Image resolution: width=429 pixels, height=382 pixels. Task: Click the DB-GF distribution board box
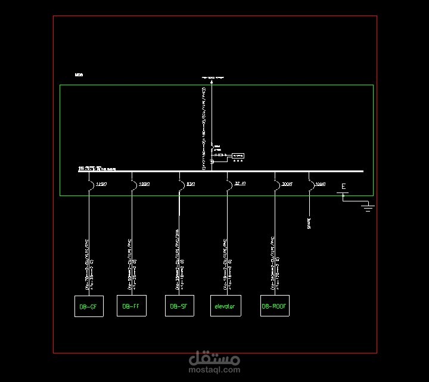coord(88,306)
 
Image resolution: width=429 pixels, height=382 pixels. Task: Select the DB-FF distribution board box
coord(131,306)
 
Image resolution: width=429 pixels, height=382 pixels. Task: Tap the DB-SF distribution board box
coord(179,306)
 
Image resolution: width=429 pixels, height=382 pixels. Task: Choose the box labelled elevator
coord(225,306)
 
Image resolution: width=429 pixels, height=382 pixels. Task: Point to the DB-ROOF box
coord(275,306)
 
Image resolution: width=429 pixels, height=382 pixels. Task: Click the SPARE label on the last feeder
coord(309,223)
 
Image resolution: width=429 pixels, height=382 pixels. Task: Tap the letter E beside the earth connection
coord(344,187)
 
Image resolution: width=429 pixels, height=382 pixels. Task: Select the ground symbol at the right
coord(368,206)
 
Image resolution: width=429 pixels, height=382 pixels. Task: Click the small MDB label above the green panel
coord(79,75)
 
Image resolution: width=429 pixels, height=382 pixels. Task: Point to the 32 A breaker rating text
coord(241,184)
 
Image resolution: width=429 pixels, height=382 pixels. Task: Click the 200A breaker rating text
coord(287,184)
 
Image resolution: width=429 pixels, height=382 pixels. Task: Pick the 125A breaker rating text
coord(101,184)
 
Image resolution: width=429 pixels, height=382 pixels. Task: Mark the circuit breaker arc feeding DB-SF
coord(181,186)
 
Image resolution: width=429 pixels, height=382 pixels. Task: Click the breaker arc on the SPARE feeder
coord(310,186)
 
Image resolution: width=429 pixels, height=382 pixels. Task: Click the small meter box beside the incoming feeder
coord(238,155)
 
